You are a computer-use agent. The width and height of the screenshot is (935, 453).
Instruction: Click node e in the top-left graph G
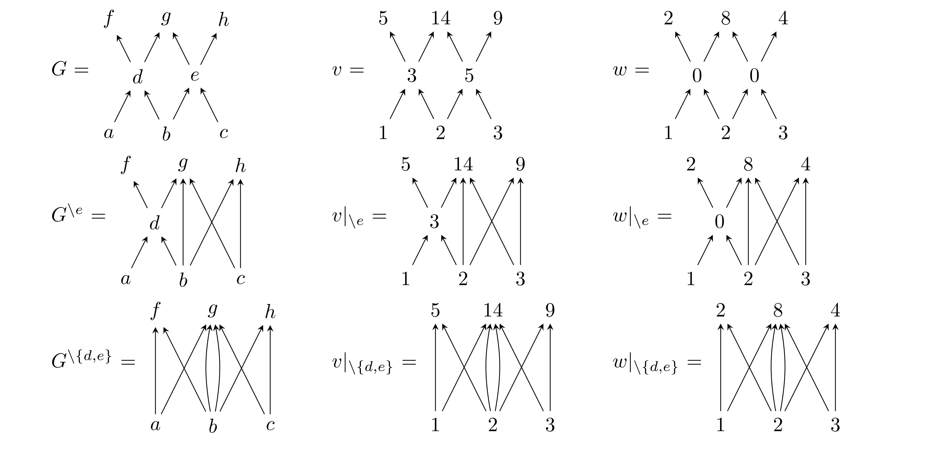coord(195,75)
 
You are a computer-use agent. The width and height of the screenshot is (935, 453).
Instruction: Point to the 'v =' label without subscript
coord(348,70)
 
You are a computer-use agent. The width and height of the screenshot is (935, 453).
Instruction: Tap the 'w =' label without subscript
coord(631,70)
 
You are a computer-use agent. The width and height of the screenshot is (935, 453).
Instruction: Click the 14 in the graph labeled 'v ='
coord(441,18)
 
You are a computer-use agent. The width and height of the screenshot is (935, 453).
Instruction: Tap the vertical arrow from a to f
coord(155,370)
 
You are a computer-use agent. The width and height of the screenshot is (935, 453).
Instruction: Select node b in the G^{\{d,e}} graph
coord(213,426)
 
